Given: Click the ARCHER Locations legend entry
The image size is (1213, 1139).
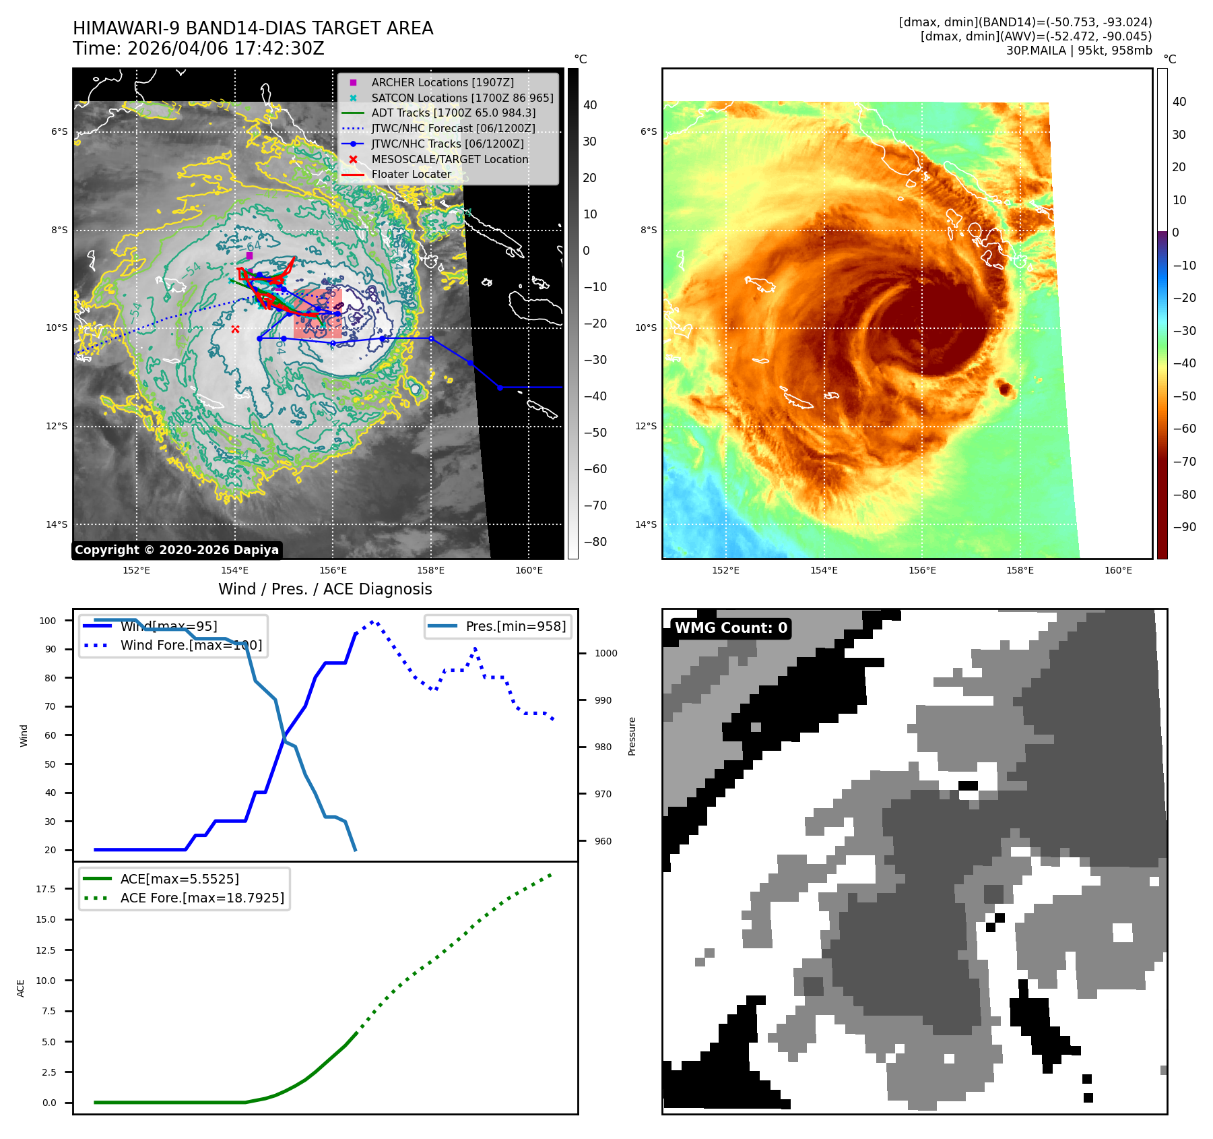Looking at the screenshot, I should click(x=442, y=82).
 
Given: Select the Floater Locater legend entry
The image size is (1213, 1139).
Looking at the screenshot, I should click(x=411, y=174).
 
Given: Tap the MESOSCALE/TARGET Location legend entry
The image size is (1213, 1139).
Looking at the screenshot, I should click(x=449, y=159).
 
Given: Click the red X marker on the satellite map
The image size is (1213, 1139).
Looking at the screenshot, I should click(x=235, y=329).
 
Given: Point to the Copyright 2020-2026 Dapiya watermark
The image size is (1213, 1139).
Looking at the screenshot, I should click(x=176, y=550).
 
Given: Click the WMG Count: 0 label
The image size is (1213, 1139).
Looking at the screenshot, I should click(x=731, y=628).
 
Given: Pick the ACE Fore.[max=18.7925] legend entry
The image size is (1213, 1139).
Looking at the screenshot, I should click(x=201, y=898).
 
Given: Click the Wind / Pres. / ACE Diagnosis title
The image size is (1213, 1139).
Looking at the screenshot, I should click(x=325, y=589).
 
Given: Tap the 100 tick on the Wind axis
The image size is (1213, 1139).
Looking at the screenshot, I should click(x=48, y=621).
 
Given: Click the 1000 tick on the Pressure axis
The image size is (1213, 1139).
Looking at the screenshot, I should click(x=605, y=653).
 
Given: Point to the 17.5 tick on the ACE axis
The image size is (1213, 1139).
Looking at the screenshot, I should click(x=46, y=889).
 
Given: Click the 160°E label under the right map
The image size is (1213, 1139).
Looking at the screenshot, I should click(x=1118, y=570).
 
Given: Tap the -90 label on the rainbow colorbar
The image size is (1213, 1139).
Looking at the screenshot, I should click(x=1184, y=527).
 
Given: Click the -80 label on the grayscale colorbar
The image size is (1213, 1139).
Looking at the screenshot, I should click(x=595, y=542).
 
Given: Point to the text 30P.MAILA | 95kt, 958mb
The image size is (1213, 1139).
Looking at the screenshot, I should click(x=1079, y=51).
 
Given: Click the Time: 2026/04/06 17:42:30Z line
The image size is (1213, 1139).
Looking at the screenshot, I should click(x=199, y=49).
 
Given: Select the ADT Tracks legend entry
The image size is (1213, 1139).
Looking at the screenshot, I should click(x=453, y=113).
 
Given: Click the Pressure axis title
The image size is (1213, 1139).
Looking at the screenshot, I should click(x=632, y=736).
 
